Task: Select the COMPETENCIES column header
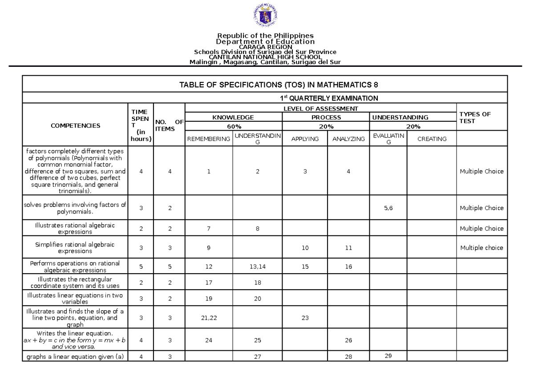click(75, 126)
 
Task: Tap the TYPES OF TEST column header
click(475, 117)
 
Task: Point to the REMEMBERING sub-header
click(209, 139)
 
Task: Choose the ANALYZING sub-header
click(348, 139)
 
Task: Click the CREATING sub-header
click(432, 139)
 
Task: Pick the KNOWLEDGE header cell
click(233, 117)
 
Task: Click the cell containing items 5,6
click(388, 208)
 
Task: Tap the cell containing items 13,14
click(257, 267)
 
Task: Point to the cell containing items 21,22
click(209, 318)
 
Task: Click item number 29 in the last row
click(388, 355)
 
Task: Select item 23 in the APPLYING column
click(304, 318)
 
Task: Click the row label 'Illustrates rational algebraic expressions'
click(75, 229)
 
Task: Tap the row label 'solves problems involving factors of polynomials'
click(75, 208)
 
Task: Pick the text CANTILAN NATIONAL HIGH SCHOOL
click(265, 57)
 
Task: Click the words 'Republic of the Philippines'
click(265, 35)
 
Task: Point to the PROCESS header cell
click(326, 117)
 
